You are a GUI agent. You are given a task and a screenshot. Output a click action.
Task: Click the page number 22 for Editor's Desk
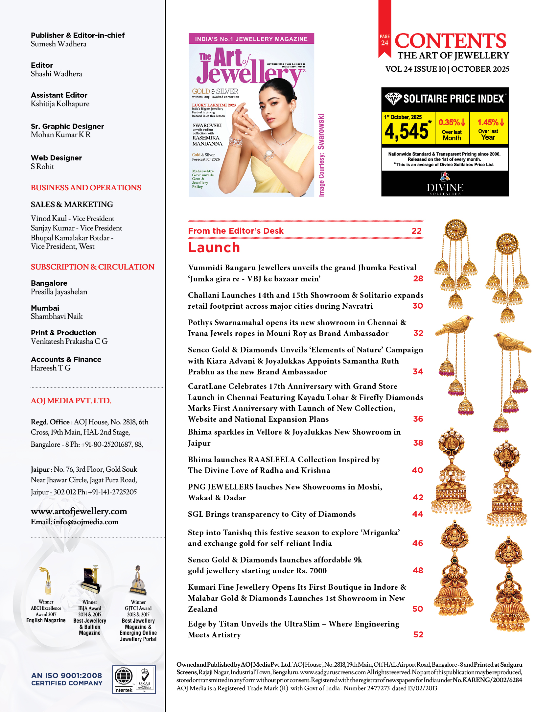pos(416,231)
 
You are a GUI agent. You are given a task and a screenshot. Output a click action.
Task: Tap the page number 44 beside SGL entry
pos(417,514)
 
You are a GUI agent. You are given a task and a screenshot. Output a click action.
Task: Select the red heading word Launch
pos(214,248)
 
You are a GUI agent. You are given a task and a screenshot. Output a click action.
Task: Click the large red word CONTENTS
pos(450,41)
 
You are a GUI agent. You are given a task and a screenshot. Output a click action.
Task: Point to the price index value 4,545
pos(407,131)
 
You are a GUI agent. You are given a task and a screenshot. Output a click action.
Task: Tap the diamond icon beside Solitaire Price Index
pos(393,99)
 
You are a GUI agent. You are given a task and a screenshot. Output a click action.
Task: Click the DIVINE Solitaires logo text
pos(445,188)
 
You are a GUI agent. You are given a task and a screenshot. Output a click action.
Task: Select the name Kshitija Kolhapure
pos(60,104)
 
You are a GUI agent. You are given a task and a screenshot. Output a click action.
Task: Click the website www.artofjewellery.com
pos(79,511)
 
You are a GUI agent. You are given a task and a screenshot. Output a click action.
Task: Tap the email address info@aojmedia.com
pos(86,522)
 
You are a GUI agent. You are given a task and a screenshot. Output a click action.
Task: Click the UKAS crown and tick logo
pos(145,678)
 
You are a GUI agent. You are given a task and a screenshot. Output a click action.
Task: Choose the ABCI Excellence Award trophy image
pos(46,581)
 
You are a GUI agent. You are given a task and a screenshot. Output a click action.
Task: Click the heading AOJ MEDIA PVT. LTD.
pos(71,401)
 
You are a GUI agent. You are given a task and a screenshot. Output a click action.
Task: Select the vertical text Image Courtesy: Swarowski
pos(321,155)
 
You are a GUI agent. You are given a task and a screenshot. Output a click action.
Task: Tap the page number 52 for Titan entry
pos(418,634)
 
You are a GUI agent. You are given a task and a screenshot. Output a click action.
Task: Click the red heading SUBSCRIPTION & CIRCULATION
pos(92,267)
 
